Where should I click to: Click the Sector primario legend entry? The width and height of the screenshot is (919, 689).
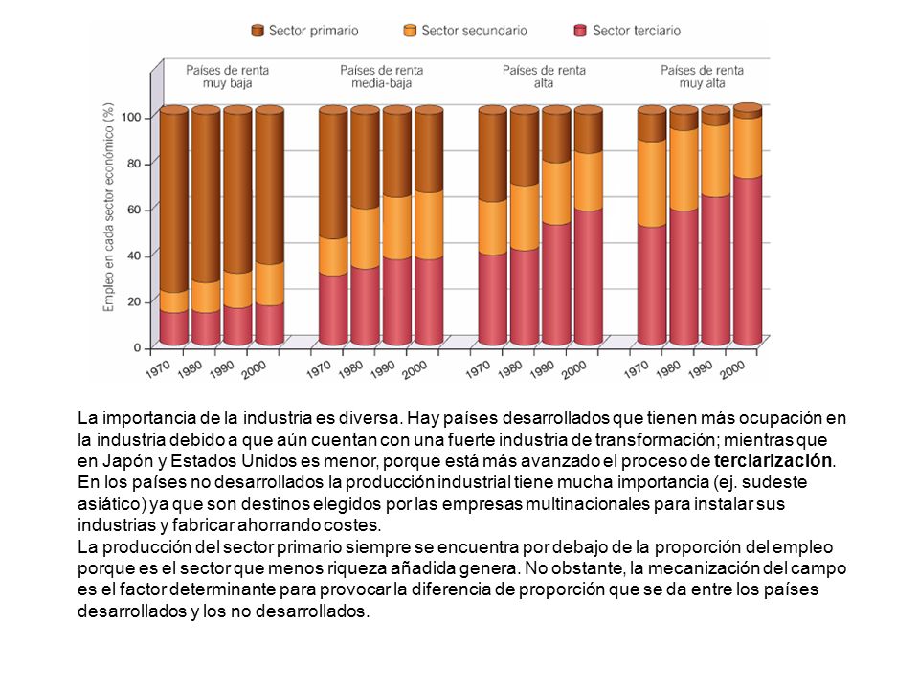(x=304, y=31)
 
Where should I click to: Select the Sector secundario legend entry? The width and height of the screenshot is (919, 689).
(x=465, y=31)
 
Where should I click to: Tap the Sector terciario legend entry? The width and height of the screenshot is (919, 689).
(x=627, y=31)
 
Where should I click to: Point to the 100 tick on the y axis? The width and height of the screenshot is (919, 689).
(x=131, y=117)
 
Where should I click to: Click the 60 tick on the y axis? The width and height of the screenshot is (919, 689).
(x=134, y=210)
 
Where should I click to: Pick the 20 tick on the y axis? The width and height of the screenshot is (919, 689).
(x=134, y=301)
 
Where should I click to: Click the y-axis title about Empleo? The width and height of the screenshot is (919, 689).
(x=108, y=208)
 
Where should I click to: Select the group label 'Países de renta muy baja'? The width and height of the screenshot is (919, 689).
(x=228, y=77)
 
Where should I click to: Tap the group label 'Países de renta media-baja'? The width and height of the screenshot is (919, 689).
(x=382, y=77)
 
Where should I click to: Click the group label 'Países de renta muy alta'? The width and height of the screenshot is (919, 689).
(x=702, y=77)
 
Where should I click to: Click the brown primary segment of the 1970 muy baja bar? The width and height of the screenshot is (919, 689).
(x=174, y=201)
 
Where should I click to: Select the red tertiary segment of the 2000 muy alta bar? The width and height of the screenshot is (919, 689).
(x=748, y=260)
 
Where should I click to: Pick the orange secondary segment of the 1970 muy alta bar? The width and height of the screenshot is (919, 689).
(x=652, y=184)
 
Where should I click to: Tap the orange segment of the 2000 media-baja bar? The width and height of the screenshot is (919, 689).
(x=429, y=225)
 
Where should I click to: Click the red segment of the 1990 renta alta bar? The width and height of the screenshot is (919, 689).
(x=556, y=284)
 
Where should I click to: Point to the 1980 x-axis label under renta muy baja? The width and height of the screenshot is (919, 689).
(x=190, y=368)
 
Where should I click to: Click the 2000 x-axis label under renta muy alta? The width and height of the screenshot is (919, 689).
(x=732, y=369)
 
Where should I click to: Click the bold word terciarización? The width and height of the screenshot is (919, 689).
(x=773, y=460)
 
